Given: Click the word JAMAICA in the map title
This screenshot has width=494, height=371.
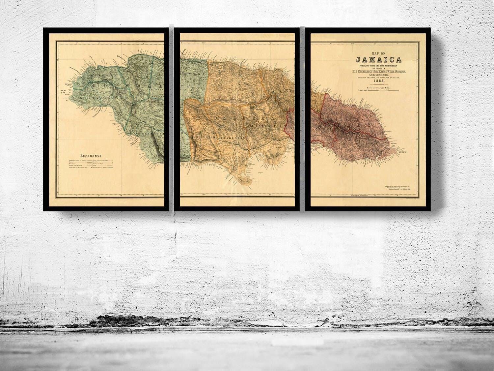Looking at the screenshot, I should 378,60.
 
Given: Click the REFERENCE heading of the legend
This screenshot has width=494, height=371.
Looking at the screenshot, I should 91,156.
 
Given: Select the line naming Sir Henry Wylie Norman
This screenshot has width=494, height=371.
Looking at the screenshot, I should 378,72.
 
